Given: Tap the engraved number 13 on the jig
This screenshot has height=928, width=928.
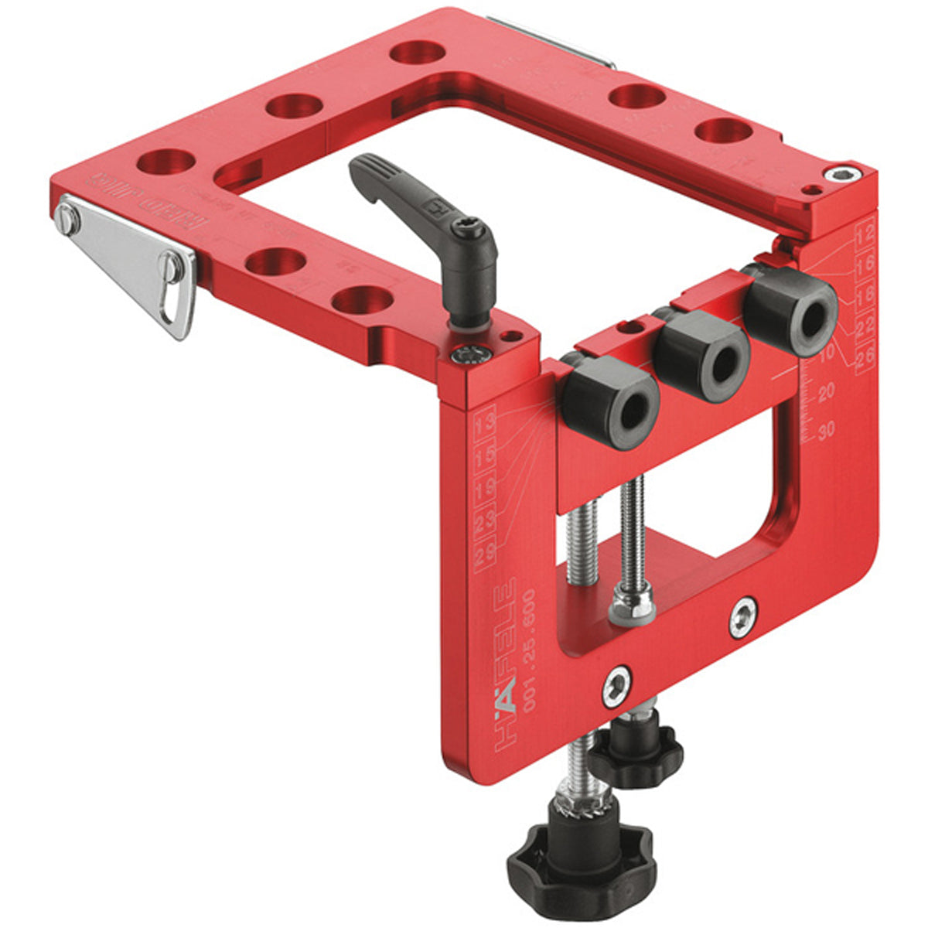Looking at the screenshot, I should click(486, 426).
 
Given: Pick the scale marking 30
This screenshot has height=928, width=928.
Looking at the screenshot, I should click(826, 431).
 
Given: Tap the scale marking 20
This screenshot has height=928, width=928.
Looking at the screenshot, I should click(826, 393).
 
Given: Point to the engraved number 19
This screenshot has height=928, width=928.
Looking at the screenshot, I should click(486, 490).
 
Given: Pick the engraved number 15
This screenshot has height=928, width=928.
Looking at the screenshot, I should click(486, 458).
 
